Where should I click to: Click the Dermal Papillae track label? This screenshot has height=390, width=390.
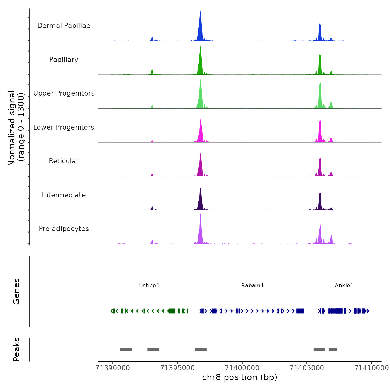point(64,26)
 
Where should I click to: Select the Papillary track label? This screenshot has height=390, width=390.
point(64,60)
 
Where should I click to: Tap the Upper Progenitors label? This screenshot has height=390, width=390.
point(64,93)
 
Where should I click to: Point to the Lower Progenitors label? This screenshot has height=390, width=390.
point(64,127)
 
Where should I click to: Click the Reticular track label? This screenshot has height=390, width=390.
point(64,161)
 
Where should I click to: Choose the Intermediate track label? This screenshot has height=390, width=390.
point(64,195)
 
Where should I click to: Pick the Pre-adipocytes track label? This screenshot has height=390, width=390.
point(64,229)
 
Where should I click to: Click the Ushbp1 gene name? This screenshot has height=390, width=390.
point(149,285)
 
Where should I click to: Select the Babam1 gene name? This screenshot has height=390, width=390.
point(253,285)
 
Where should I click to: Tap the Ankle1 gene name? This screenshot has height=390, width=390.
point(344,285)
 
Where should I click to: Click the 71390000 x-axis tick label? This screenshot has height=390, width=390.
point(113,368)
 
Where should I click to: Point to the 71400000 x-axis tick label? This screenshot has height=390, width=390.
point(242,368)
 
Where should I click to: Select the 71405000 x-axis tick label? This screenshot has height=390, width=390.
point(307,368)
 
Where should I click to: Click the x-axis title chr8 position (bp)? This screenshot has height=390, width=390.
point(240,377)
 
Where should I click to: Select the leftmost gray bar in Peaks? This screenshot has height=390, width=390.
point(126,350)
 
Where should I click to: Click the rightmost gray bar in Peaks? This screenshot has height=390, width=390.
point(333,350)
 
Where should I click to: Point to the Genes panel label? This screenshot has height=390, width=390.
point(16,291)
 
